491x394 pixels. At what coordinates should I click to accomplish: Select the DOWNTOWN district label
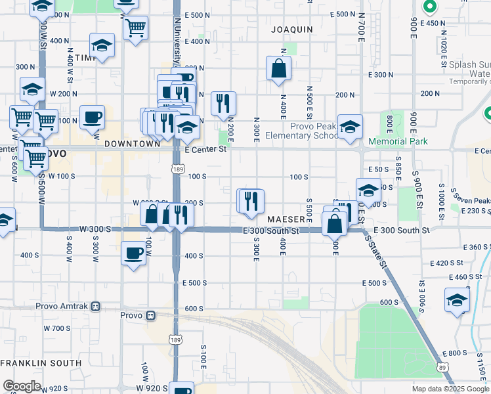click(x=132, y=143)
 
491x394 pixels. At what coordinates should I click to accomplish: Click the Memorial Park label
click(x=398, y=141)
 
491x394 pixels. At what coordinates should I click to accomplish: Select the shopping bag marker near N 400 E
click(x=279, y=68)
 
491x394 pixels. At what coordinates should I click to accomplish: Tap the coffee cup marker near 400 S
click(x=134, y=253)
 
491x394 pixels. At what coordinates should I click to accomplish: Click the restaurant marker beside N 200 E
click(x=223, y=103)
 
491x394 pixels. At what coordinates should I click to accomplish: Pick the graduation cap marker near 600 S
click(x=457, y=299)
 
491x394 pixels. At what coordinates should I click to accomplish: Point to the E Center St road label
click(x=205, y=149)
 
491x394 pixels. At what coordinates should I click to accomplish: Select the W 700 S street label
click(x=57, y=328)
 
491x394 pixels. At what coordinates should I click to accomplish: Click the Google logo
click(x=22, y=386)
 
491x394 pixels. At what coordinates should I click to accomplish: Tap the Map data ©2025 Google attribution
click(x=450, y=389)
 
